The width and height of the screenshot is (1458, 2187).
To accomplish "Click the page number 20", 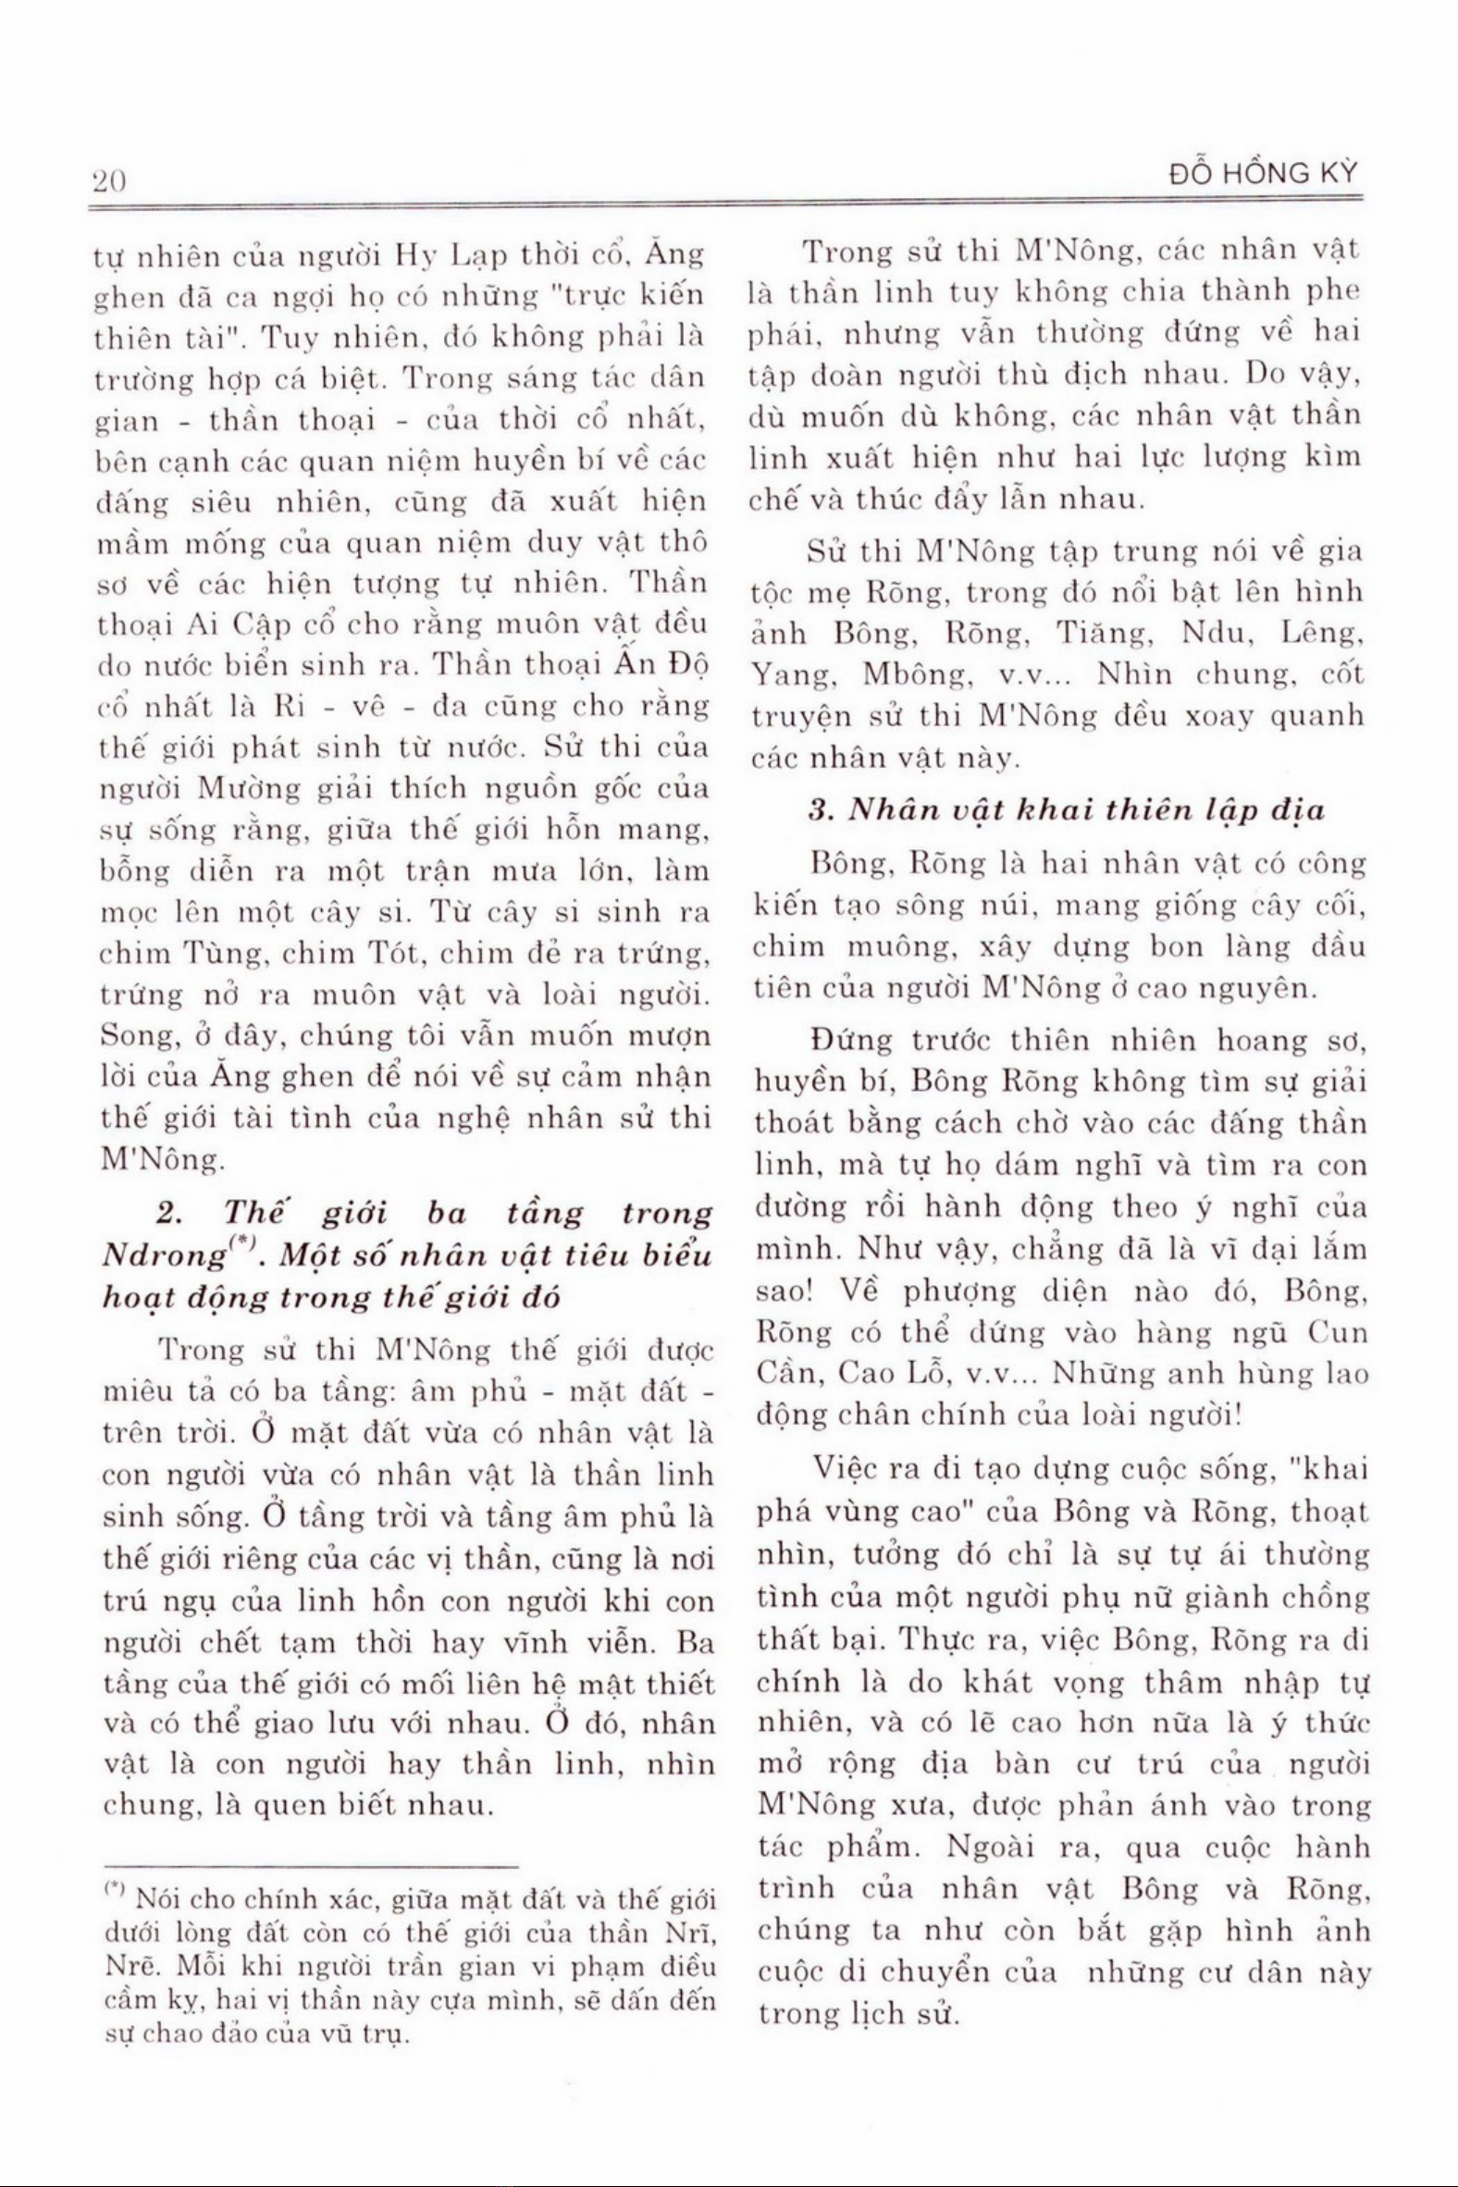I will tap(110, 179).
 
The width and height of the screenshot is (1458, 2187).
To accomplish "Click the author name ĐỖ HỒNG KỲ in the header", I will tap(1264, 174).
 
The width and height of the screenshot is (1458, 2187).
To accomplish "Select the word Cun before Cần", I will tap(1339, 1332).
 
